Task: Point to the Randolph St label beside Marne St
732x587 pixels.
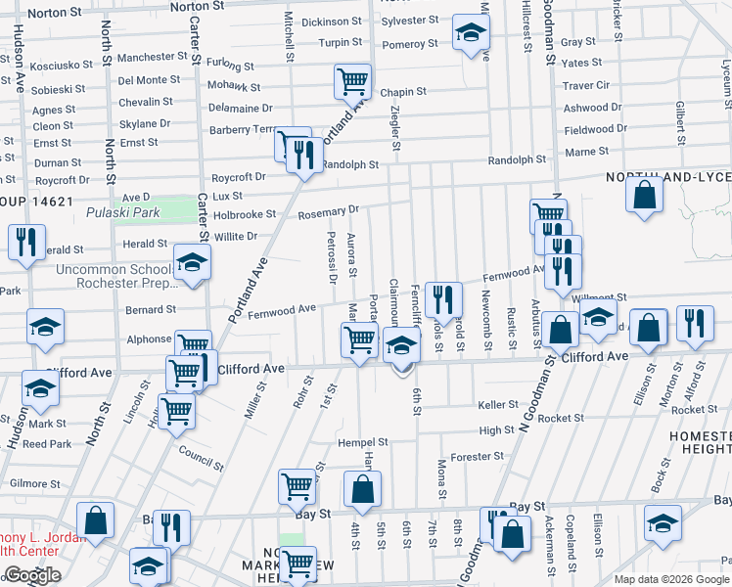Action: click(x=517, y=159)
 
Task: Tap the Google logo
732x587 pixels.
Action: click(x=31, y=575)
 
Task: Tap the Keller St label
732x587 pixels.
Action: click(x=497, y=404)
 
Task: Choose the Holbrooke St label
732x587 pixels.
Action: click(x=245, y=214)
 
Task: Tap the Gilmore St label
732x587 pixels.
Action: click(x=35, y=483)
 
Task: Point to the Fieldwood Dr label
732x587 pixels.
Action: click(x=595, y=129)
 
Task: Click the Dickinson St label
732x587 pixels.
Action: click(x=332, y=22)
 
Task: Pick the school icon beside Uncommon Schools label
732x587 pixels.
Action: click(x=192, y=261)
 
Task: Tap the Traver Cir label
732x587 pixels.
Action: click(x=586, y=85)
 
